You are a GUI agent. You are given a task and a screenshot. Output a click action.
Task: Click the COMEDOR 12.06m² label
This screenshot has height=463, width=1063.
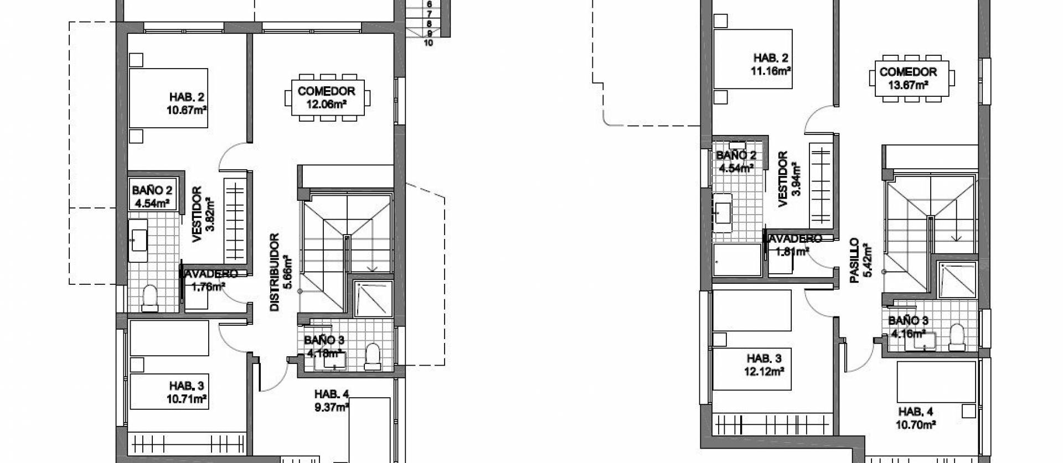coord(326,97)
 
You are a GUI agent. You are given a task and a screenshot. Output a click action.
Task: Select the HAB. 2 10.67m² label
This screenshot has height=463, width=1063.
coord(187,103)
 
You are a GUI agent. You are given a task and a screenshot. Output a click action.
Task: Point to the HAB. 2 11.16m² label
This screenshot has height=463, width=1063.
coord(770,64)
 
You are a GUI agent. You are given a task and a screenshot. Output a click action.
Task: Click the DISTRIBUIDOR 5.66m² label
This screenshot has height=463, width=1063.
coord(280,273)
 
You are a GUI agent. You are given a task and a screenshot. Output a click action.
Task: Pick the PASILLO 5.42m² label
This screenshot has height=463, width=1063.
coord(860,261)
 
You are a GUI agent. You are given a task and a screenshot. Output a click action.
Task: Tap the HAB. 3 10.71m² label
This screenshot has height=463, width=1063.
coord(187,392)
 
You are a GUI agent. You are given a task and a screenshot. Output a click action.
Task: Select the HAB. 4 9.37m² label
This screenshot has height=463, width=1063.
coord(331,401)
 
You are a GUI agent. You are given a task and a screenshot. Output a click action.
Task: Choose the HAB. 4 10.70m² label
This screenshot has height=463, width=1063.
coord(916,418)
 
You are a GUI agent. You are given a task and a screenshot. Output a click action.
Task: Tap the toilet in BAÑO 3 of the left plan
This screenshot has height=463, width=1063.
coord(373,357)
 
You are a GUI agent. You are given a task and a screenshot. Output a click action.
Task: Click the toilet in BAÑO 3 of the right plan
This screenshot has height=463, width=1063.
coord(956,337)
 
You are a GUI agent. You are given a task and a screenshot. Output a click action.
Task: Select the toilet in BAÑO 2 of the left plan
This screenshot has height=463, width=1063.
coord(149,299)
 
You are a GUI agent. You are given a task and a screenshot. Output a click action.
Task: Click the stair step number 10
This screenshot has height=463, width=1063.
coord(428,43)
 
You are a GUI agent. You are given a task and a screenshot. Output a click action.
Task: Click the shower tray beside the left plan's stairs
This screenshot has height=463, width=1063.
coord(373,299)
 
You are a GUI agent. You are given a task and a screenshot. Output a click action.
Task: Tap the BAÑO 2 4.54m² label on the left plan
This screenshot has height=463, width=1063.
coord(152,196)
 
